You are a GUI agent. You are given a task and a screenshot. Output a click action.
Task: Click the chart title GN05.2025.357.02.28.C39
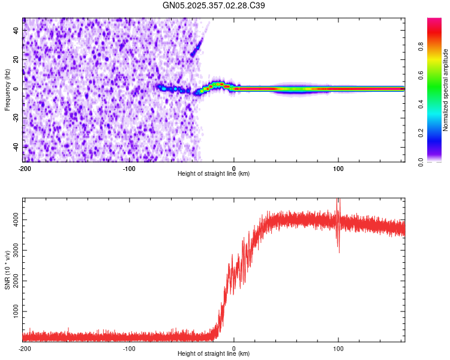tap(214, 5)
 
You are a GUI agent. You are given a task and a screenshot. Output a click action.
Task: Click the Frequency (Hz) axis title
tap(7, 89)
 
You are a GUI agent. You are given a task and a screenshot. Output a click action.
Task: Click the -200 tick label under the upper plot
tap(24, 168)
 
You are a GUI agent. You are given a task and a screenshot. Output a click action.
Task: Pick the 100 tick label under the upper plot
tap(338, 168)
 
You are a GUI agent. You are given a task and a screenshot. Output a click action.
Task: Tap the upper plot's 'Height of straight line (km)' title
tap(214, 174)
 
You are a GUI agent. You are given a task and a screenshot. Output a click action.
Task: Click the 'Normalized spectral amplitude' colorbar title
tap(445, 90)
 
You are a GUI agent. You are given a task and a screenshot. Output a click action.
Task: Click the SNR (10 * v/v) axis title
tap(7, 269)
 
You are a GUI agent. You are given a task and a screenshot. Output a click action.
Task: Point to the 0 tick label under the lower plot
tap(233, 348)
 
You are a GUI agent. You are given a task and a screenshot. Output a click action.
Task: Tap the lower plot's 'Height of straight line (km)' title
tap(214, 354)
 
